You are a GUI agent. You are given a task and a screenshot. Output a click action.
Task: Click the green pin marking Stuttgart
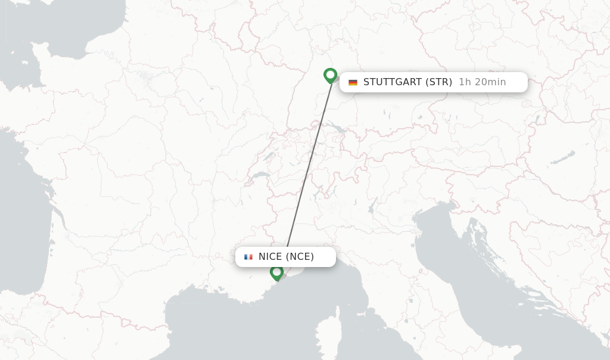point(330,75)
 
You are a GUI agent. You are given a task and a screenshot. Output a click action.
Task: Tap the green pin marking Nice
point(276,272)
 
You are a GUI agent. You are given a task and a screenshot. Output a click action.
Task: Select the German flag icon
point(353,82)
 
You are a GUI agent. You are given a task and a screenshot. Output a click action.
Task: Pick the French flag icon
point(248,257)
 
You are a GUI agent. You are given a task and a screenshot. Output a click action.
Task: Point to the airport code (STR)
point(439,82)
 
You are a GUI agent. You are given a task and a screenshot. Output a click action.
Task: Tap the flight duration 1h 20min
point(482,82)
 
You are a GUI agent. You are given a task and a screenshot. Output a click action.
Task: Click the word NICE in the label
point(270,257)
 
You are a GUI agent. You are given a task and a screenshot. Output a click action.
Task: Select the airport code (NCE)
point(300,257)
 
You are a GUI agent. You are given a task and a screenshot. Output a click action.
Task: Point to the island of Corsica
point(327,331)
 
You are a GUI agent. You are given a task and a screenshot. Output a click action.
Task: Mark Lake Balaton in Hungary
point(562,157)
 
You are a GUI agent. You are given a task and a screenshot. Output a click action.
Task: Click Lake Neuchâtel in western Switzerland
point(269,156)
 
